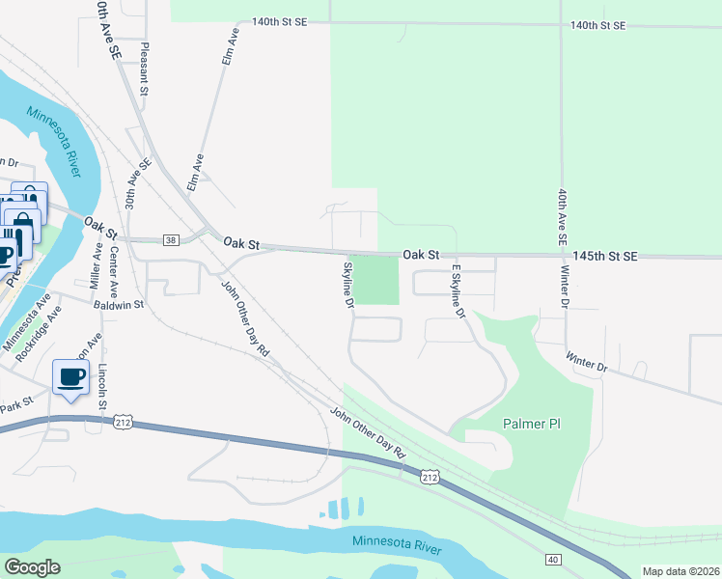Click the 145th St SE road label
click(605, 256)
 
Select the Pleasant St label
click(144, 68)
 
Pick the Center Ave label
click(114, 272)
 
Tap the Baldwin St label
click(119, 304)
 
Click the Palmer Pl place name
click(532, 424)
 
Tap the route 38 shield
click(171, 240)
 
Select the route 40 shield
click(552, 559)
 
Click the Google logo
click(31, 567)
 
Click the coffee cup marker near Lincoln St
click(70, 376)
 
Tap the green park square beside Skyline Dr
click(375, 280)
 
